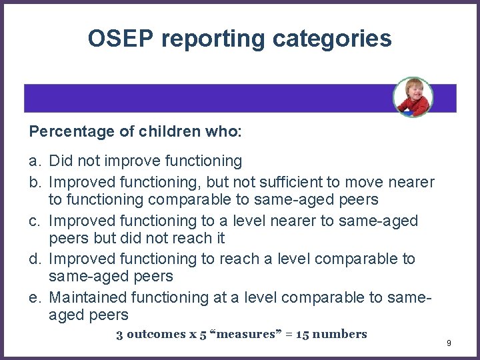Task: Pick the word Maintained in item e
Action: tap(89, 297)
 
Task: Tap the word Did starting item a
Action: tap(60, 161)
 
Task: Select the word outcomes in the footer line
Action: tap(154, 334)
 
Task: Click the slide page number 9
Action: tap(449, 343)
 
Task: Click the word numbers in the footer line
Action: tap(340, 334)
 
